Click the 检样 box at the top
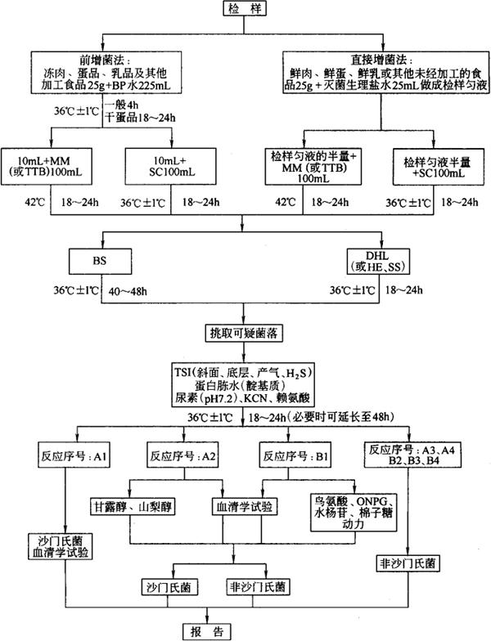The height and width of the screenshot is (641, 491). pyautogui.click(x=245, y=9)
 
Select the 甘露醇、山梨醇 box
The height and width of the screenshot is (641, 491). pyautogui.click(x=132, y=508)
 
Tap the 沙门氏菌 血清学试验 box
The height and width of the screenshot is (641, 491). pyautogui.click(x=65, y=547)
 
